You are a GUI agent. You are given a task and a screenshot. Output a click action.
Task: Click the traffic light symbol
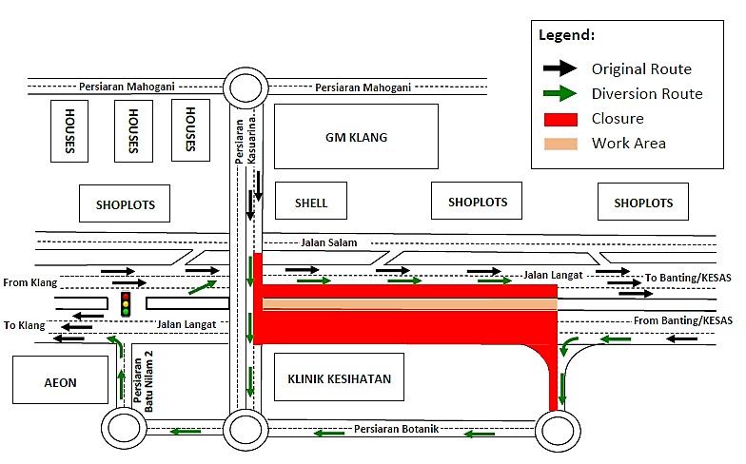coord(125,304)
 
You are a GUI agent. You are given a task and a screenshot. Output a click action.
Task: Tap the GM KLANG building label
coord(356,137)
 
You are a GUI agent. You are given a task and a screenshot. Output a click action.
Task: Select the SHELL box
coord(311,203)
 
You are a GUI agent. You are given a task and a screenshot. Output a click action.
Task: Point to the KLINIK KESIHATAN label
coord(339,378)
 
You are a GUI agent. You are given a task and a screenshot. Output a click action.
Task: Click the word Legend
coord(567,35)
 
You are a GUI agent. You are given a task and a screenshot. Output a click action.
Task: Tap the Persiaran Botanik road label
coord(396,429)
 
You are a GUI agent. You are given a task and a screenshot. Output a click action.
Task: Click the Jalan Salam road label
coord(328,243)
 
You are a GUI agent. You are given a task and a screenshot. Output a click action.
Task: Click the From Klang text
coord(29,282)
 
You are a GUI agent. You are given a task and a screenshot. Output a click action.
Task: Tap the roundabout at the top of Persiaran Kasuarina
coord(244,87)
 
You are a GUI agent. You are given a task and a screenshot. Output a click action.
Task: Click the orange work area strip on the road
coord(409,304)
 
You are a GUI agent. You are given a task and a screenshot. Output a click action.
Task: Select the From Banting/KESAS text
coord(683,320)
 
